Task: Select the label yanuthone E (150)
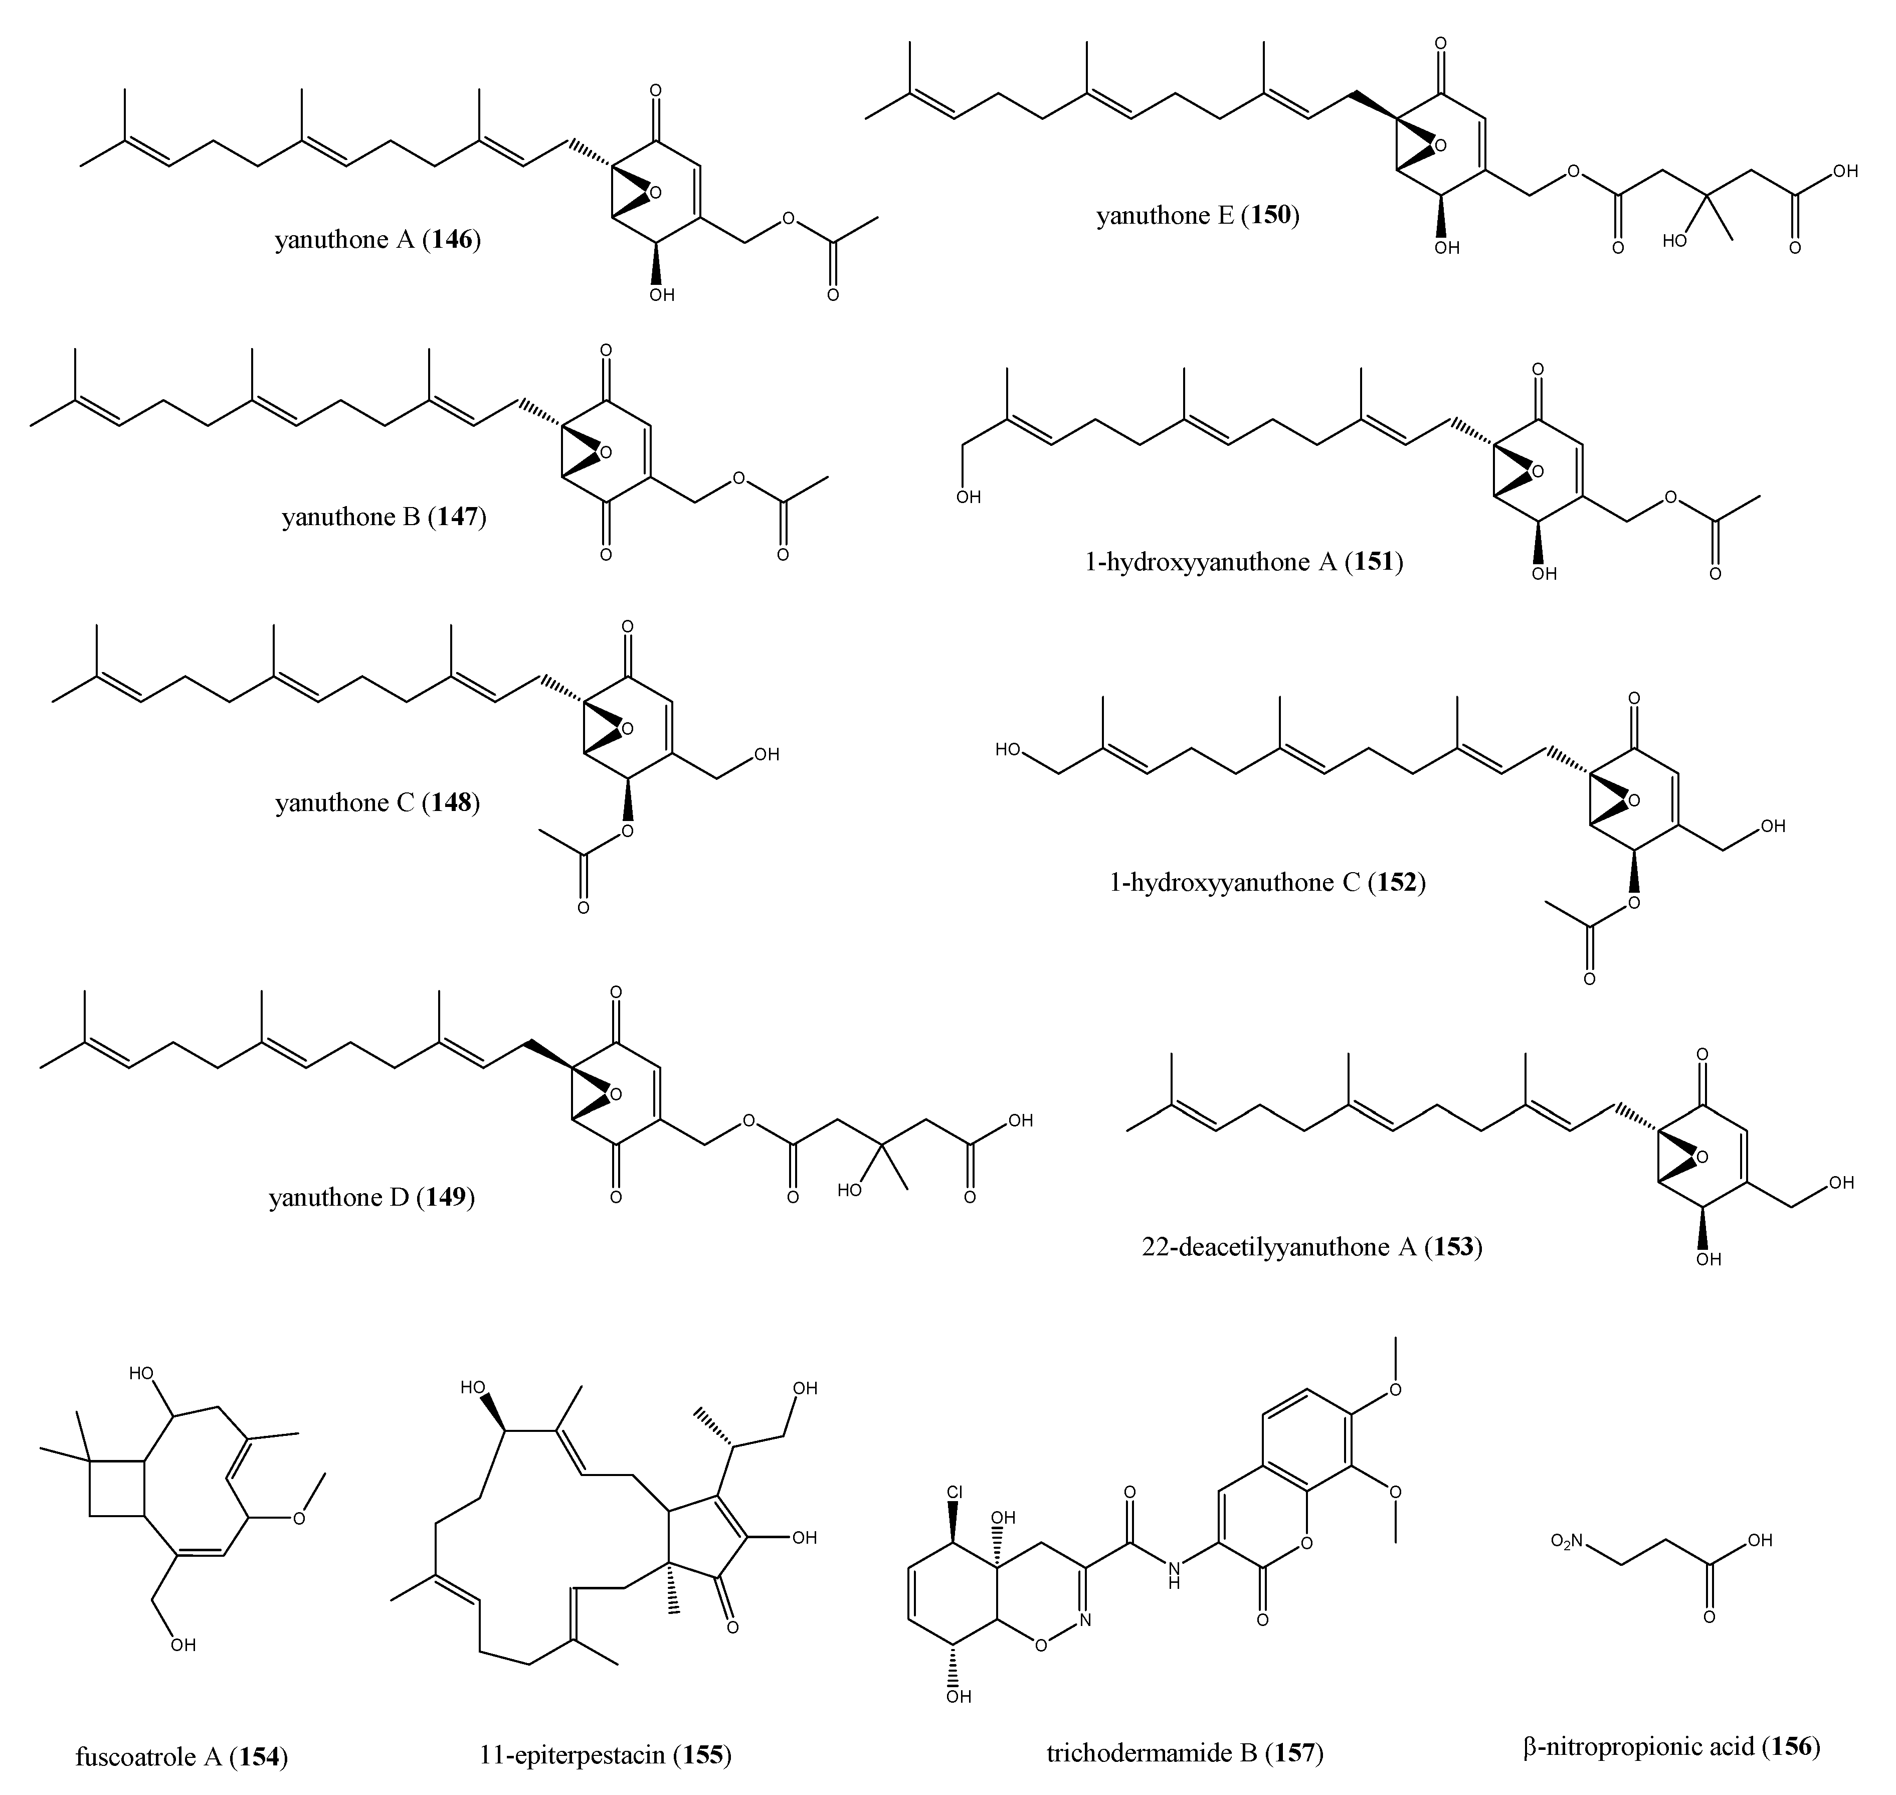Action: [1198, 215]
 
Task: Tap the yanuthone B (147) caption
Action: [384, 518]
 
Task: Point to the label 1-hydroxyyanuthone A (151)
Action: [1244, 562]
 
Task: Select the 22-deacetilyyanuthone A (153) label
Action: [1311, 1247]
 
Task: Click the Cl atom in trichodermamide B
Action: [955, 1493]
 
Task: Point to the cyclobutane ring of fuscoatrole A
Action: [117, 1489]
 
